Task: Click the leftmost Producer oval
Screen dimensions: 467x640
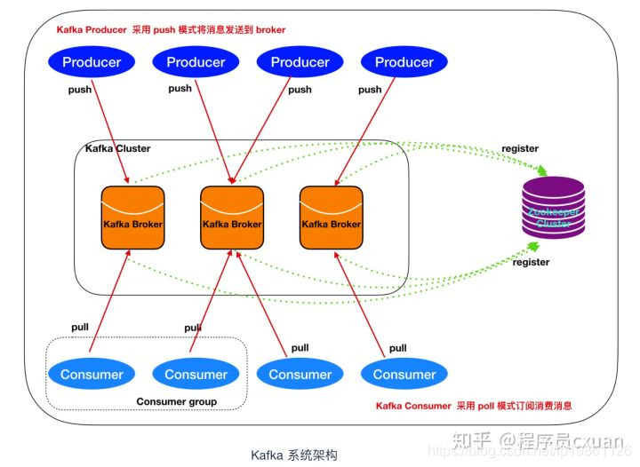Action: pos(92,61)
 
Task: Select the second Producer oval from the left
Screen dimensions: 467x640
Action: pos(196,61)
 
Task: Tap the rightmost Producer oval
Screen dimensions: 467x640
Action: pos(404,61)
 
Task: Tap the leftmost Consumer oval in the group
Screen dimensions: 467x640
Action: pos(92,374)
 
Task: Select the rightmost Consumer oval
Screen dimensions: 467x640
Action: pos(404,374)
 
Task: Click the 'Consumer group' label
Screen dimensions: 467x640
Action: pos(176,402)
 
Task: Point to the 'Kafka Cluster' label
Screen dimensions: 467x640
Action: pos(117,148)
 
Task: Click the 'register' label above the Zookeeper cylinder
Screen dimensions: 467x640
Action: pos(520,148)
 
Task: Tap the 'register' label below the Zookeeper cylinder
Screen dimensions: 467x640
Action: pos(532,262)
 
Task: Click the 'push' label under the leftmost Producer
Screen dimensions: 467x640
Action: pos(81,90)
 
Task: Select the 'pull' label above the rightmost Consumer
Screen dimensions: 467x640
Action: pos(397,348)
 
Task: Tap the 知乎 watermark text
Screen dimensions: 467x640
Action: pos(470,439)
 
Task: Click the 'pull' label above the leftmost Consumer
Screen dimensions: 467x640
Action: pos(80,327)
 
